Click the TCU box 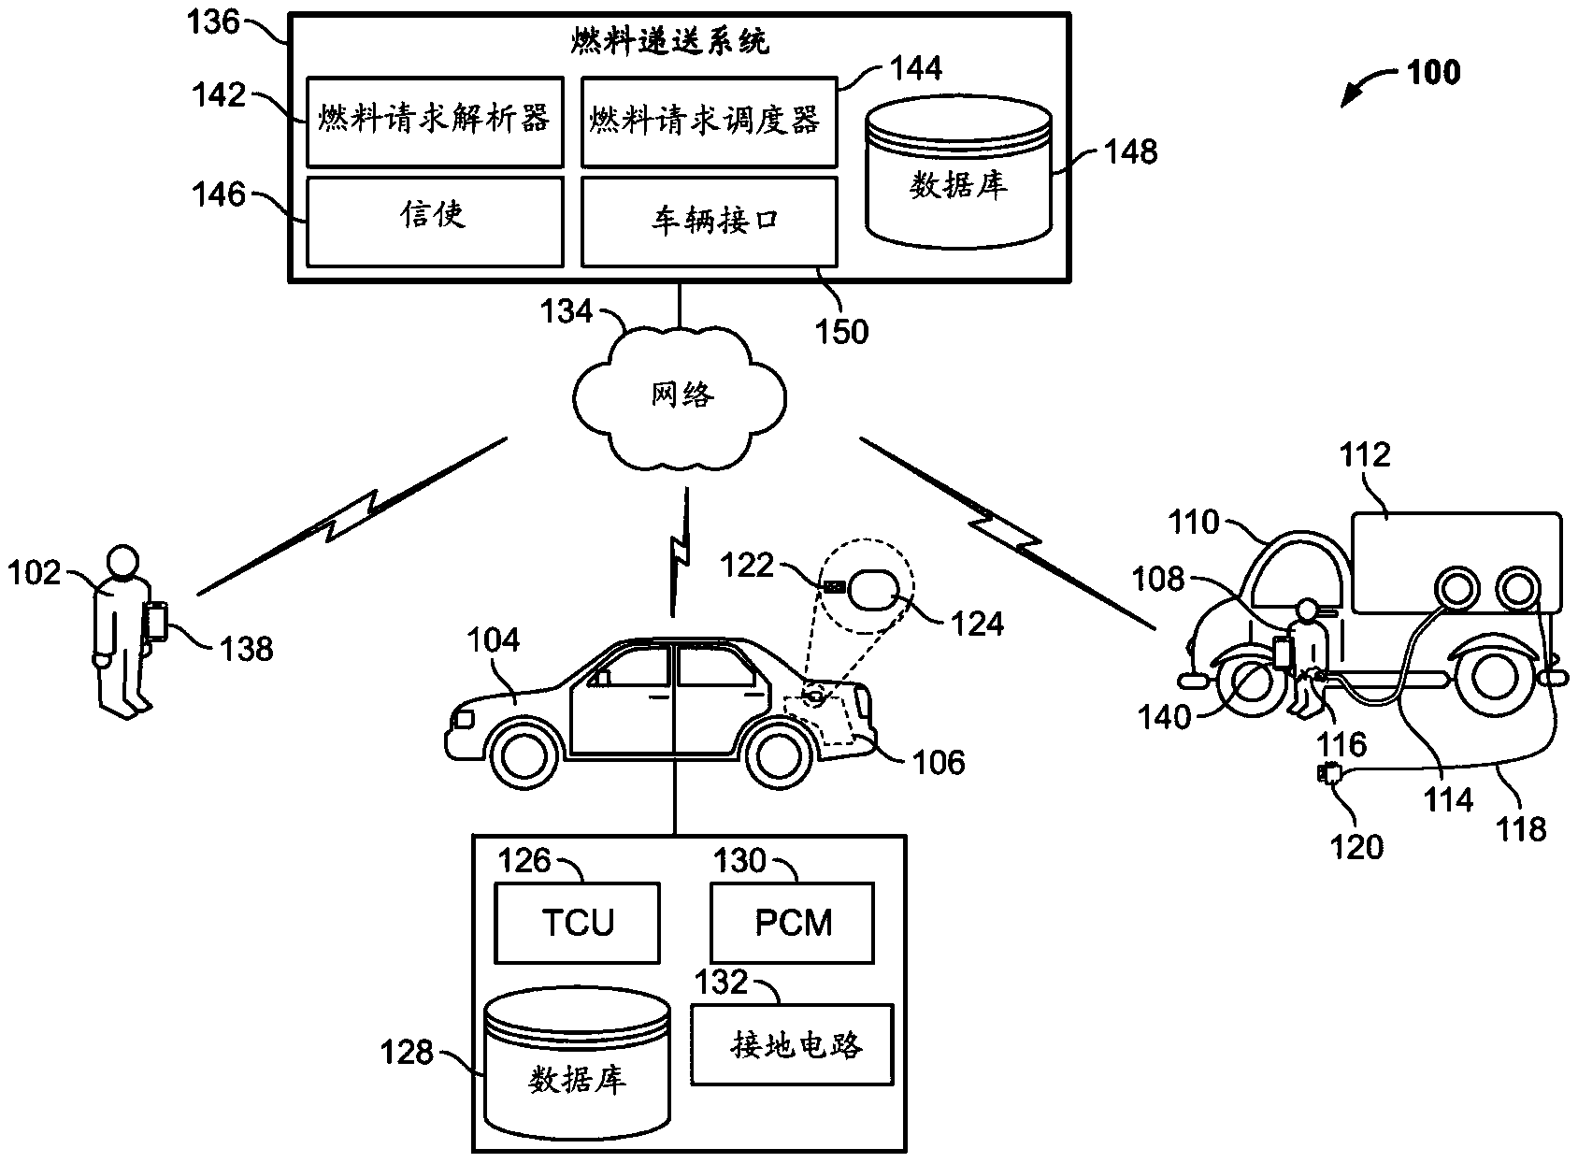577,923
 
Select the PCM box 793,923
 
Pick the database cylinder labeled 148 957,175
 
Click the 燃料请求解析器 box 435,122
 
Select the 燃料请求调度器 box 708,122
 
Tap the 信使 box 435,221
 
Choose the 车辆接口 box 708,223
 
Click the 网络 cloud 682,395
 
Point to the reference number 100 1433,72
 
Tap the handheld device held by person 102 156,621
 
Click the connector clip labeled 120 1328,774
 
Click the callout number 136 215,22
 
